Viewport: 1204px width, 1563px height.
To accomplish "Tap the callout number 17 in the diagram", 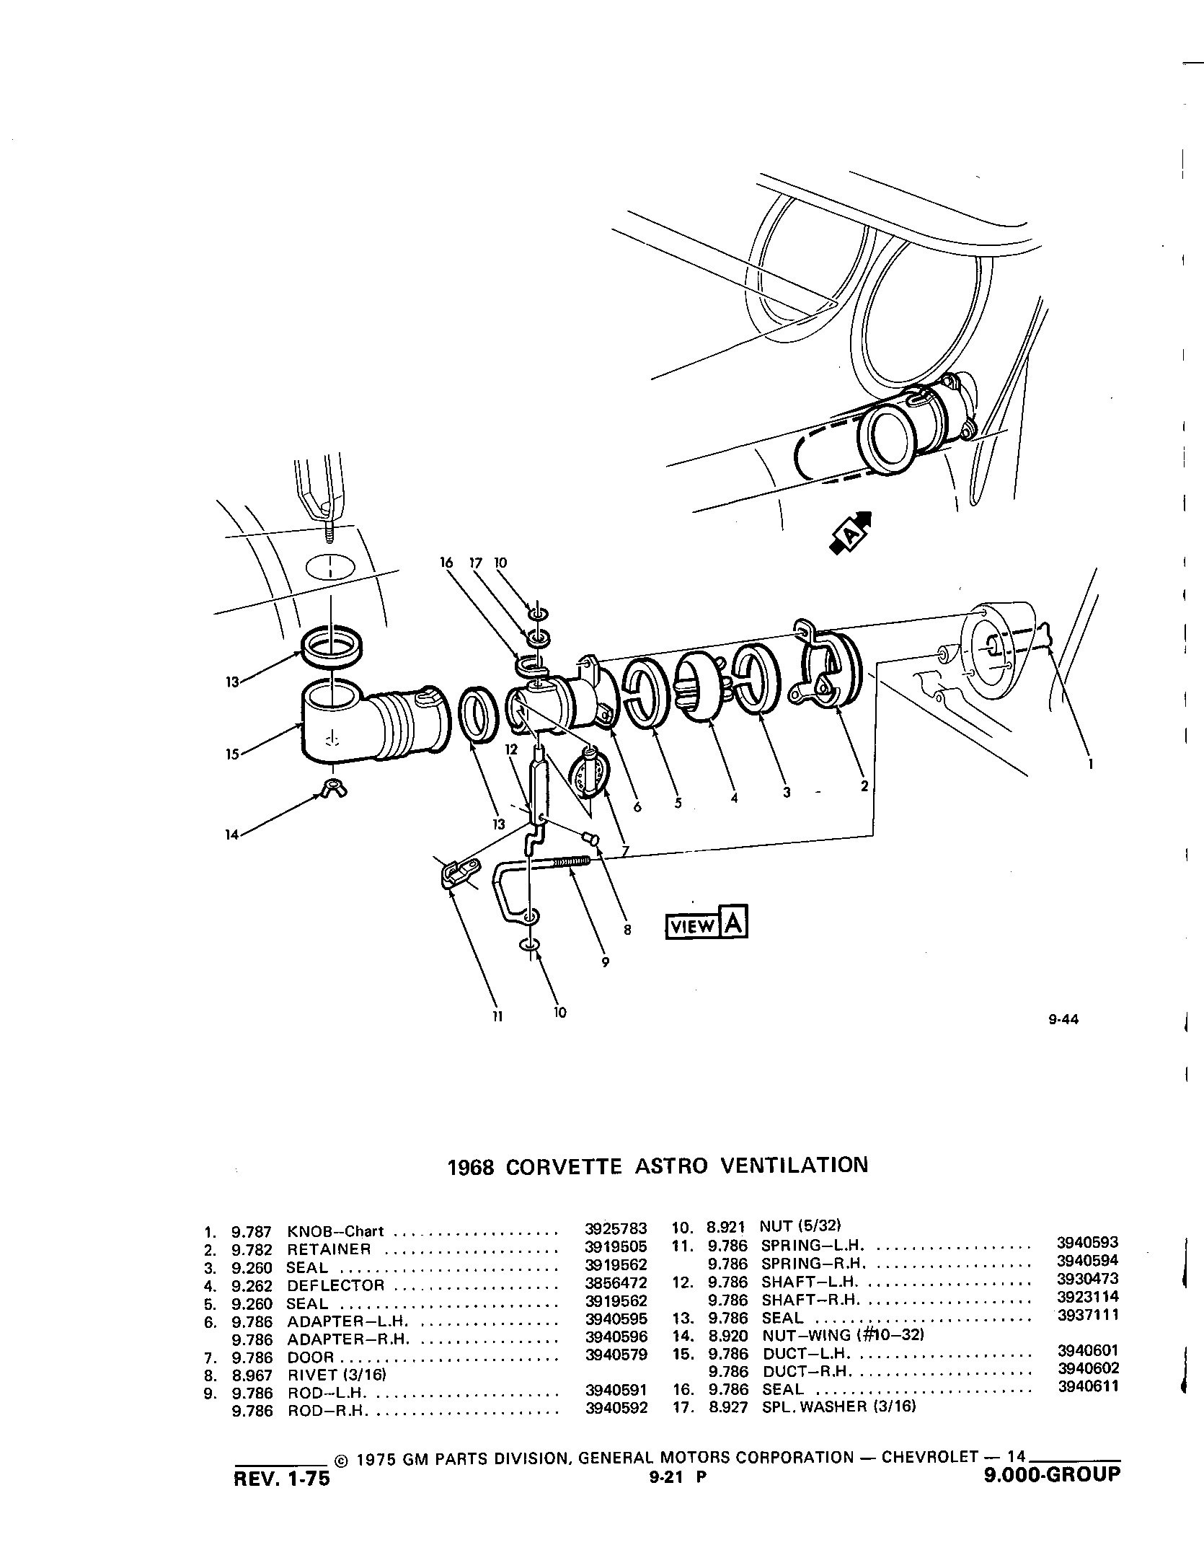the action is (x=475, y=563).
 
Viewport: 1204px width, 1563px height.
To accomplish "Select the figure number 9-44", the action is (x=1063, y=1020).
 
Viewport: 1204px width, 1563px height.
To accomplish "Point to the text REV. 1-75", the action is (x=282, y=1476).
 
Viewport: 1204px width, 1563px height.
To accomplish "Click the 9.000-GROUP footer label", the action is (x=1053, y=1472).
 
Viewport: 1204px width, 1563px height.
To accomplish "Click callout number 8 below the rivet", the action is (x=627, y=930).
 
